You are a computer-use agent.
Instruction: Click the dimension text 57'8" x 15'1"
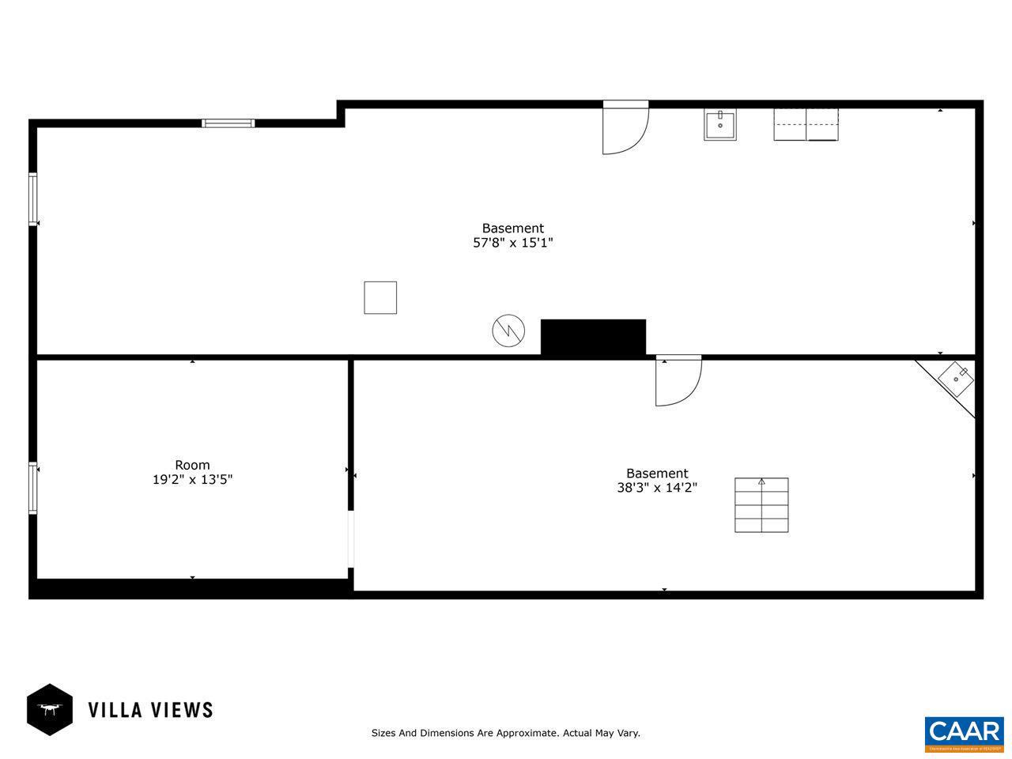[512, 244]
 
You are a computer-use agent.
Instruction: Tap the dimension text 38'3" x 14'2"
[657, 489]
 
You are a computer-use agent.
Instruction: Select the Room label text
[192, 465]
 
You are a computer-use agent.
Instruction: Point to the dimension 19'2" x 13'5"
[192, 480]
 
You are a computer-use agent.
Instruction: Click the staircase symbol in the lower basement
[761, 505]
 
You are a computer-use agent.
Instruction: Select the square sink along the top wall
[719, 126]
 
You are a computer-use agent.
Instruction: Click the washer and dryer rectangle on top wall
[806, 124]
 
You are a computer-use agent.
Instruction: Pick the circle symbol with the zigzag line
[508, 330]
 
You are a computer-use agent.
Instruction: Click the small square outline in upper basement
[380, 297]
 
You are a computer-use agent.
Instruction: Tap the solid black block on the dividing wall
[593, 338]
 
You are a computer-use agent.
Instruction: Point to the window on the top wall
[228, 123]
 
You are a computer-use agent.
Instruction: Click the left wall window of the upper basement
[33, 199]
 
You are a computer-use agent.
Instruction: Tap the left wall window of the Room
[33, 488]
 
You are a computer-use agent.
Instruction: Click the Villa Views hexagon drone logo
[50, 709]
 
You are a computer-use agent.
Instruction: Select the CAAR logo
[964, 734]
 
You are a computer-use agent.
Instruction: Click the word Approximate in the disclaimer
[524, 733]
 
